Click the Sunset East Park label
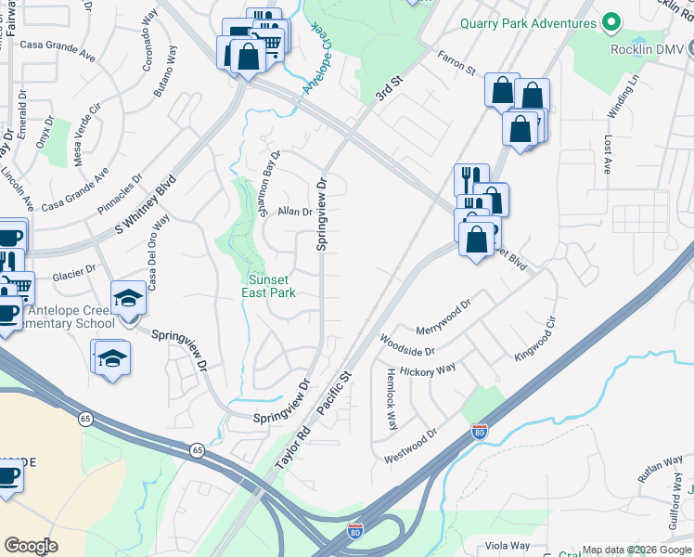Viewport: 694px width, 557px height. tap(271, 286)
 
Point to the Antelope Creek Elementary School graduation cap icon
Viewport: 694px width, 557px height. tap(128, 299)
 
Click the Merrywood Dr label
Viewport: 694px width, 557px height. tap(444, 317)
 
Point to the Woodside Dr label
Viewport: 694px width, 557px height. tap(407, 345)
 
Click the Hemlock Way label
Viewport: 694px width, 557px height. tap(391, 398)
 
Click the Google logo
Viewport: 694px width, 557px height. tap(31, 546)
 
